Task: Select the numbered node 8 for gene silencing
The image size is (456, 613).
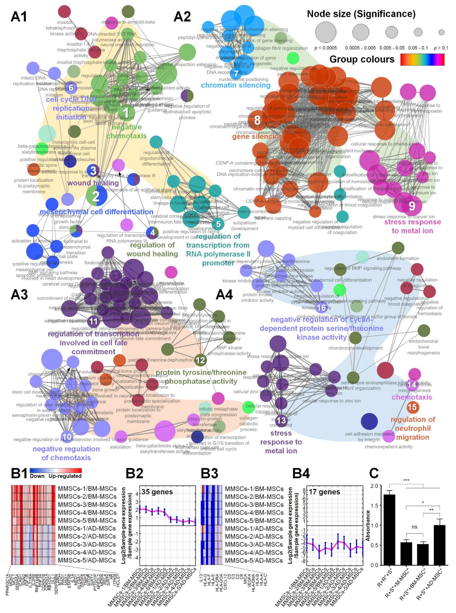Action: (257, 121)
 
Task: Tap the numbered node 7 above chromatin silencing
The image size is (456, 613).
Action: (236, 74)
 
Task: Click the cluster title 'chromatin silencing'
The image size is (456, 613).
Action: (236, 85)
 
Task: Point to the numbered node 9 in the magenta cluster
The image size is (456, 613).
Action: (412, 206)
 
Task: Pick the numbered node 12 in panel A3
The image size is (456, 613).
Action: (200, 360)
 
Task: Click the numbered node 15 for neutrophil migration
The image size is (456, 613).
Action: (412, 407)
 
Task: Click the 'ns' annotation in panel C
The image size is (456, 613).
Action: (414, 534)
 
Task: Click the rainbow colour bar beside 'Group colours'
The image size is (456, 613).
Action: (422, 59)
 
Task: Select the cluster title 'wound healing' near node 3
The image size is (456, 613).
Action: (93, 183)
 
